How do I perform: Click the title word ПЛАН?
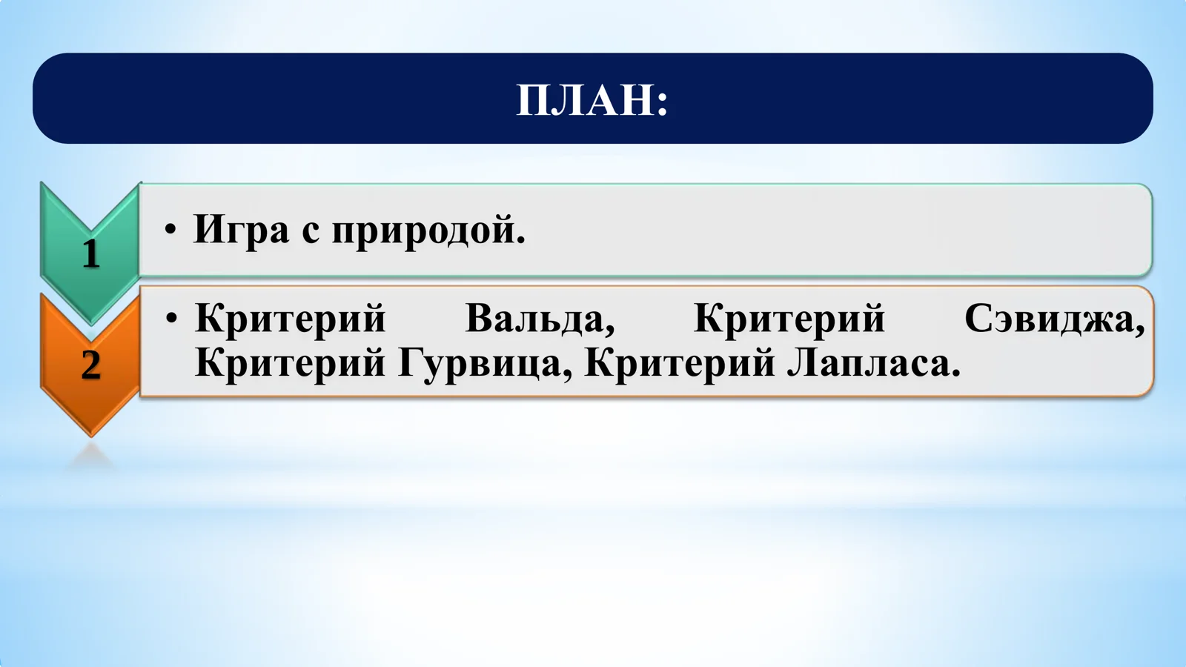[592, 100]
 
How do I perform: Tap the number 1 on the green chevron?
[90, 253]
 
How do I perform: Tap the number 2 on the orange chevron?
[90, 365]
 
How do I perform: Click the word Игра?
[241, 230]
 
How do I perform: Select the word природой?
[424, 230]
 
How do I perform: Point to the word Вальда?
[539, 319]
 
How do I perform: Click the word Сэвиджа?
[1053, 319]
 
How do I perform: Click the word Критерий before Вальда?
[290, 319]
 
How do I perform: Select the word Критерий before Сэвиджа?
[789, 319]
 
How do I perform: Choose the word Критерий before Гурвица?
[290, 363]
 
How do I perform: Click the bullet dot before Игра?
[171, 230]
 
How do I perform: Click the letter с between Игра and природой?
[310, 233]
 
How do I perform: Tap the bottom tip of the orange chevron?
[90, 433]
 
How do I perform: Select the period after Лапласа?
[955, 373]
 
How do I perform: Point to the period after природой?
[520, 239]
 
